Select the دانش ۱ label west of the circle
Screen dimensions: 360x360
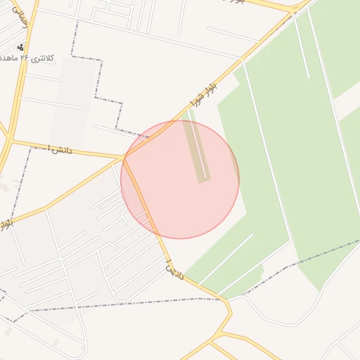coord(58,149)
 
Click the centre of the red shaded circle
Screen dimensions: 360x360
coord(180,179)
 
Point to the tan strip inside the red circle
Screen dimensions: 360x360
coord(197,152)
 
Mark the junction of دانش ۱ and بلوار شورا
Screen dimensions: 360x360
coord(125,157)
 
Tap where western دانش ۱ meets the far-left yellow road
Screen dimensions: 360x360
coord(12,141)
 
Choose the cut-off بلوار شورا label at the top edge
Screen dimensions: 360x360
coord(232,2)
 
